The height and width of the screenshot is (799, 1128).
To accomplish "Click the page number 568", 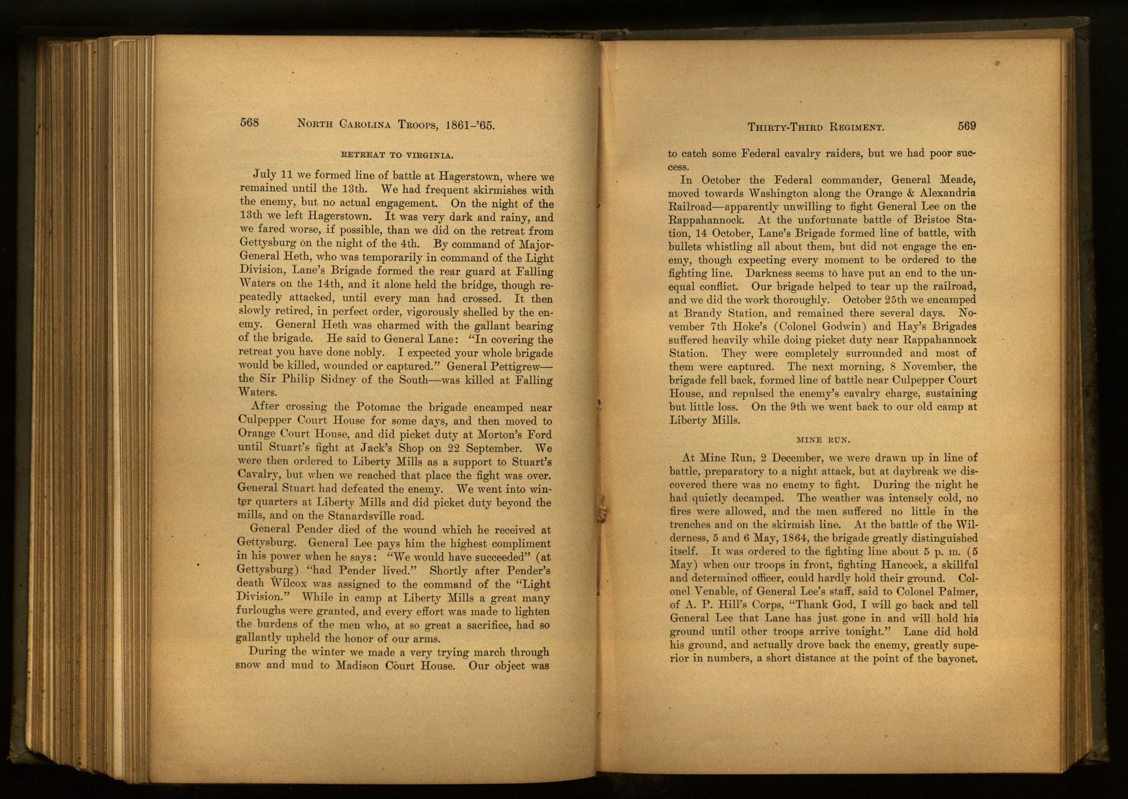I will point(249,122).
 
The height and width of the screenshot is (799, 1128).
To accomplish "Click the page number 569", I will point(967,126).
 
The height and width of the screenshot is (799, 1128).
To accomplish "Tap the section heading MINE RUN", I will point(823,438).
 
